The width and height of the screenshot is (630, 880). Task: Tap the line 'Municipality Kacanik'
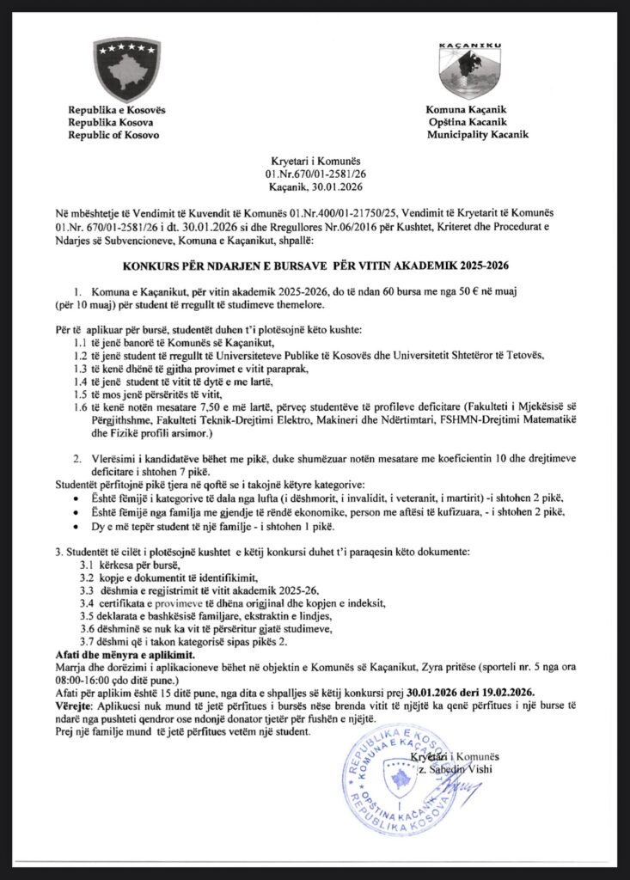pos(477,135)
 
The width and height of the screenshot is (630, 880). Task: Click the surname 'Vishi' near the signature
pos(475,768)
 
